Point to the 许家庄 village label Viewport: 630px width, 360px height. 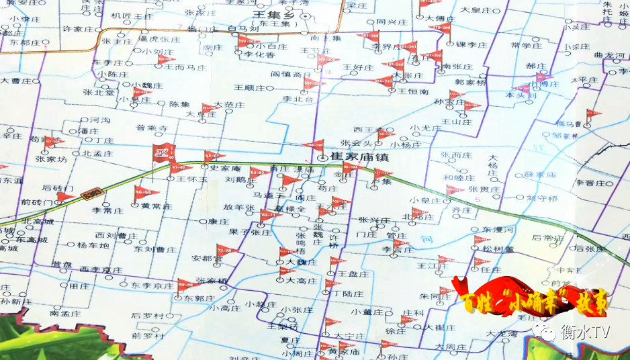click(x=78, y=30)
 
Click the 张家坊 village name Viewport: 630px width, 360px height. click(x=52, y=160)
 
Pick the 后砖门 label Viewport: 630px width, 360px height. click(x=58, y=188)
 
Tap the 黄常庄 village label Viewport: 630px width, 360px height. click(x=155, y=206)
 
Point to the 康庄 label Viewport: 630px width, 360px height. click(x=219, y=221)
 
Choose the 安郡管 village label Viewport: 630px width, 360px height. click(x=206, y=258)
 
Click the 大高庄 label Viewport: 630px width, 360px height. click(x=301, y=280)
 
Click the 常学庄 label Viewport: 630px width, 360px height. click(x=525, y=46)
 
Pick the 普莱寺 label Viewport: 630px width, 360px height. click(x=151, y=128)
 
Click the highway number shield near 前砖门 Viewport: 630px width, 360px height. click(x=90, y=194)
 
